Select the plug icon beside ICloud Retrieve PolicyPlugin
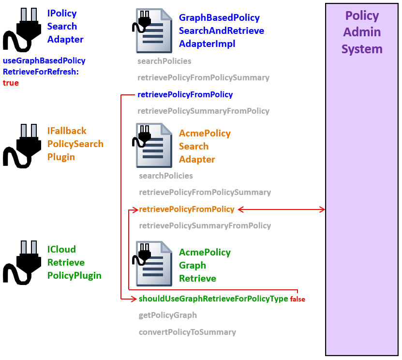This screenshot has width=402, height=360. [x=22, y=263]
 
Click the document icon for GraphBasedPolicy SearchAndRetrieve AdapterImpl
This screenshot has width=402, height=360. [x=152, y=31]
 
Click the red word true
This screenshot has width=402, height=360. [x=11, y=83]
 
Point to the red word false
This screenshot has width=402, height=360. [x=298, y=299]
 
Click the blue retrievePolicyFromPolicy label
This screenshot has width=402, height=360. [x=185, y=94]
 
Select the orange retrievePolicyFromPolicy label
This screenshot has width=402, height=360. [x=186, y=209]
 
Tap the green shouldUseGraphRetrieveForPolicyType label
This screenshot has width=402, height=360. [x=213, y=299]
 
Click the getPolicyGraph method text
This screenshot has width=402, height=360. [x=167, y=315]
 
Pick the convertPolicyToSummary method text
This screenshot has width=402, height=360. [x=187, y=332]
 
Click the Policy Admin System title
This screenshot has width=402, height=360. [x=362, y=32]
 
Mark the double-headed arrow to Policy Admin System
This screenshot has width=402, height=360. [x=281, y=210]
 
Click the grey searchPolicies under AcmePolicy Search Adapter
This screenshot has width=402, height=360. [x=165, y=176]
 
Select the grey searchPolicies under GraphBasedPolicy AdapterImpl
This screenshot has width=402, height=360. [x=164, y=61]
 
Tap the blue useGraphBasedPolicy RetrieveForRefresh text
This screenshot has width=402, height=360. [x=44, y=66]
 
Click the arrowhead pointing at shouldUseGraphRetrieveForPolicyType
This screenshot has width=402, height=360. [x=135, y=299]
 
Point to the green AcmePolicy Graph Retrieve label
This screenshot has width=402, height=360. [x=205, y=265]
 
